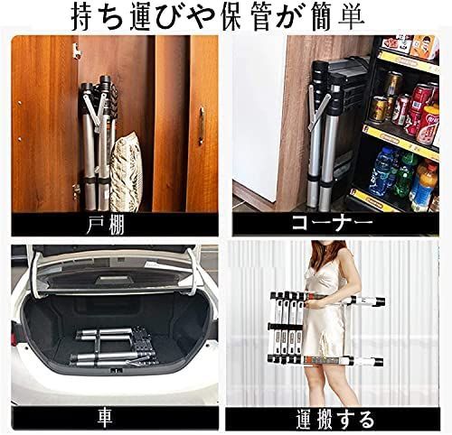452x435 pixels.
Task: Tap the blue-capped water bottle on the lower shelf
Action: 383,171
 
